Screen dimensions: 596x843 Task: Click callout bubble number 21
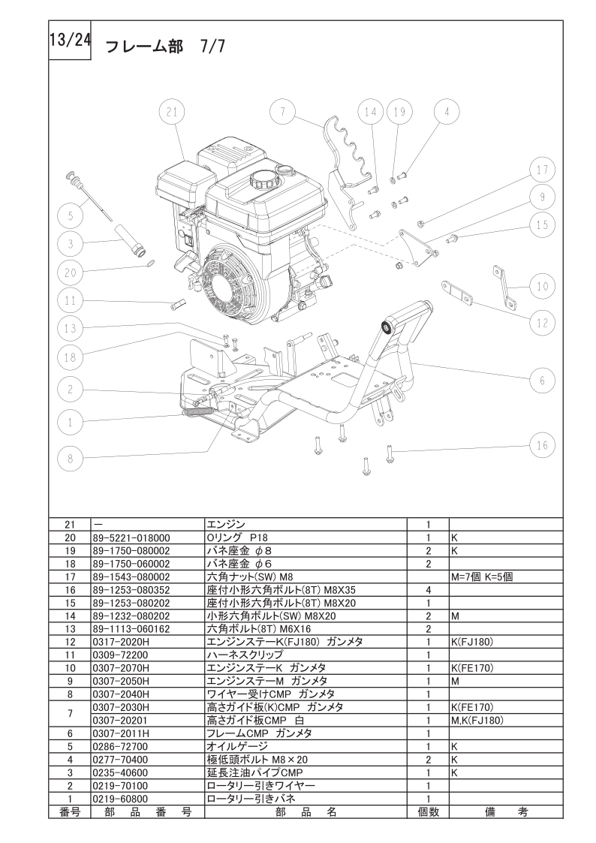tap(172, 112)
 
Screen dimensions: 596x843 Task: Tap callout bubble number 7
tap(283, 112)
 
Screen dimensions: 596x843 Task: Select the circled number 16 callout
tap(542, 445)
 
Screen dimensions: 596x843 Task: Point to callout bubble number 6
tap(542, 380)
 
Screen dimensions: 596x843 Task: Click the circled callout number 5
tap(71, 216)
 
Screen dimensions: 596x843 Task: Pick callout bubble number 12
tap(542, 323)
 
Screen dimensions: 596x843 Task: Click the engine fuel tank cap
tap(262, 179)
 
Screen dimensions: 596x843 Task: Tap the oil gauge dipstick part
tap(89, 196)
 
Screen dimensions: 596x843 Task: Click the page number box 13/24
tap(70, 41)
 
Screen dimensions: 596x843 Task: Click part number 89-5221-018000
tap(131, 537)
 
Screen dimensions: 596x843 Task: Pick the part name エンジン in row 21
tap(226, 525)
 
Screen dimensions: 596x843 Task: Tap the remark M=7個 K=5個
tap(482, 577)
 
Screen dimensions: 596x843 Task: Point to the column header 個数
tap(429, 811)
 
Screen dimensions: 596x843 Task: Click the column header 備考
tap(506, 811)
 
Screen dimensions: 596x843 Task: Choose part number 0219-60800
tap(120, 799)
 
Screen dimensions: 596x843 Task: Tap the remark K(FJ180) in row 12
tap(472, 642)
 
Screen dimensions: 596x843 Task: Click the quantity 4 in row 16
tap(429, 590)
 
